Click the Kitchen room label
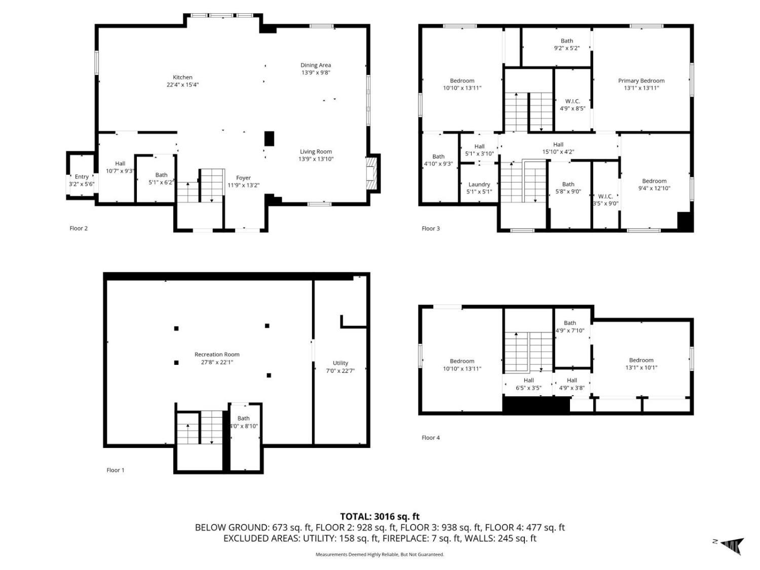(x=182, y=77)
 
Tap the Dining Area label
(x=316, y=65)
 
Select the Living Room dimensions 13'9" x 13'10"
(x=316, y=159)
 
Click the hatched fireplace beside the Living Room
(x=371, y=174)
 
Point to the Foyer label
(x=243, y=177)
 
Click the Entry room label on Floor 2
(x=82, y=176)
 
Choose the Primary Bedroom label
(x=641, y=81)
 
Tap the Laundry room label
(x=479, y=184)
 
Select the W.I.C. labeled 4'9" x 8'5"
(x=573, y=104)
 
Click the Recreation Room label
(x=217, y=354)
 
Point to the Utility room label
(x=340, y=363)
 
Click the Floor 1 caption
(x=116, y=470)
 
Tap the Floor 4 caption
(x=431, y=437)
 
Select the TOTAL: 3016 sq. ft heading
(x=380, y=516)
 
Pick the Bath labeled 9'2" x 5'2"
(x=567, y=44)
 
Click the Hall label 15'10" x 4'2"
(x=558, y=148)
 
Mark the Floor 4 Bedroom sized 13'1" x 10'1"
(x=641, y=364)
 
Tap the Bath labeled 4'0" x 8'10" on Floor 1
(x=244, y=422)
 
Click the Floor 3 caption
(x=431, y=229)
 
